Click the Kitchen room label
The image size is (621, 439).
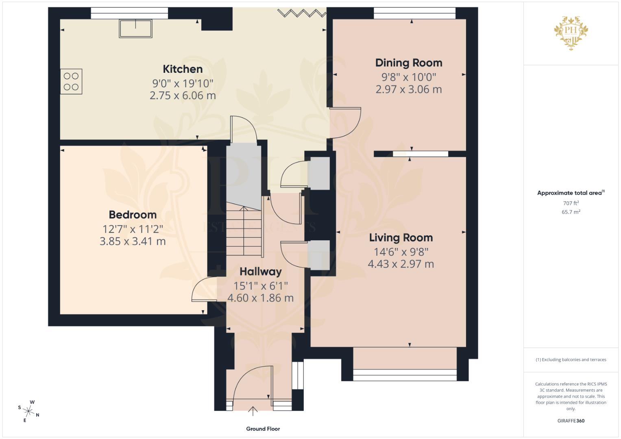[183, 69]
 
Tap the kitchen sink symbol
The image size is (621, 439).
[135, 28]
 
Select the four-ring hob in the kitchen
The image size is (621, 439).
[71, 81]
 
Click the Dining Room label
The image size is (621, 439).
[409, 63]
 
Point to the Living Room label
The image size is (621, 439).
[401, 238]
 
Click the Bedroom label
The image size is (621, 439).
[133, 215]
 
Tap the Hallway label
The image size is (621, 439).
[261, 272]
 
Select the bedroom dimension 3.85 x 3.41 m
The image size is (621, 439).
[133, 241]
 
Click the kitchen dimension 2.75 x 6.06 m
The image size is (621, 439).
[183, 96]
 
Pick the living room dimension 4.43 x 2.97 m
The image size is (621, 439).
[401, 264]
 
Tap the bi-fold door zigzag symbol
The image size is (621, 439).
[302, 13]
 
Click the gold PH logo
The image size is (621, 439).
[571, 33]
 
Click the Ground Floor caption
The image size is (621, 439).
[263, 429]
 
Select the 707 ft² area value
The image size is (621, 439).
[571, 203]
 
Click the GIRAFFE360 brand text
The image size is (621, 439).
[571, 421]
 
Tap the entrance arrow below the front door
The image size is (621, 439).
[253, 411]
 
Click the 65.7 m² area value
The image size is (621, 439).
[571, 212]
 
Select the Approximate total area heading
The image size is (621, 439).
[571, 193]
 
